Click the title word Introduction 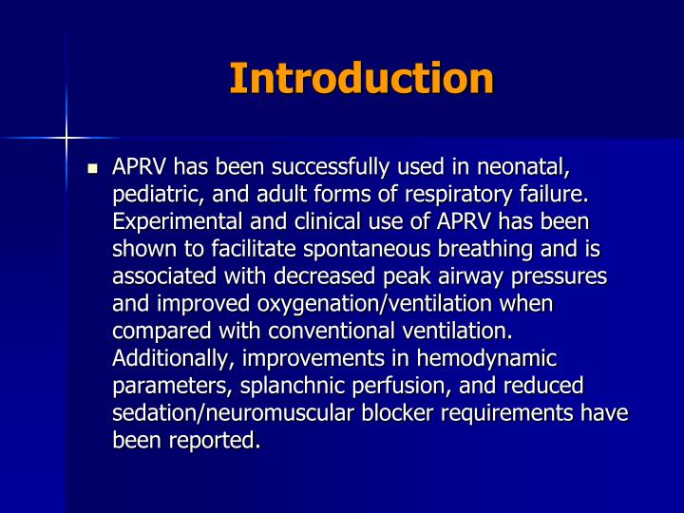click(x=361, y=78)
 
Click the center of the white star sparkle click(x=66, y=138)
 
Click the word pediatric click(x=155, y=196)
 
